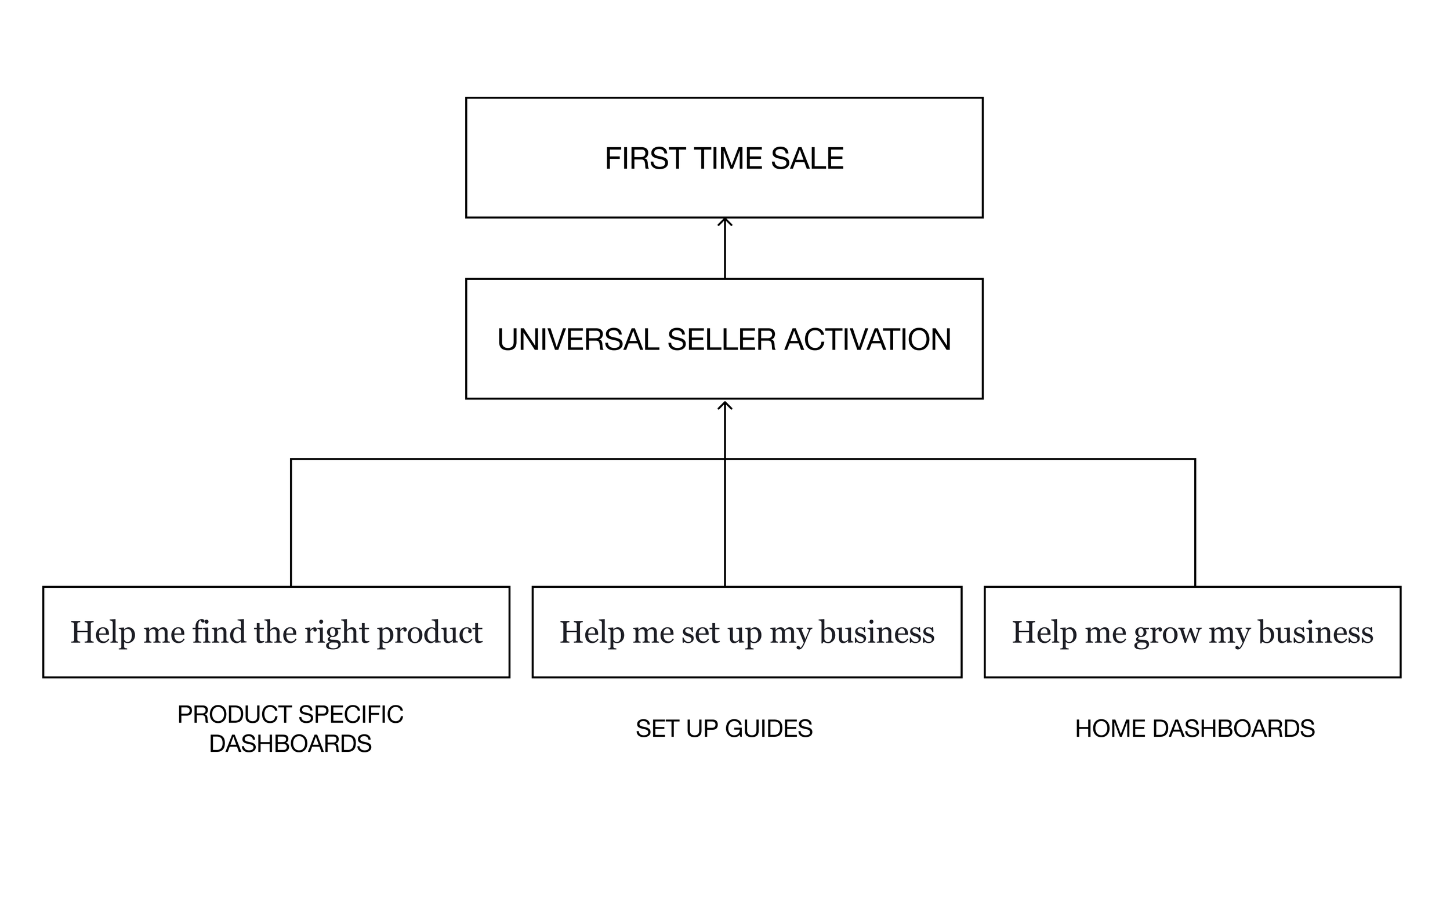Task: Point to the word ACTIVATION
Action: click(868, 340)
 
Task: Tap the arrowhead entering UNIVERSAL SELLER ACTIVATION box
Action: click(724, 406)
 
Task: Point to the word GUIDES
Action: click(768, 729)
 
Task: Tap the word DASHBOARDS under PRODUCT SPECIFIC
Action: click(290, 744)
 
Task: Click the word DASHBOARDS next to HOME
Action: click(1234, 729)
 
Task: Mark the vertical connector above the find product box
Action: click(291, 523)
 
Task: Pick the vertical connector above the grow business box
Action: click(1195, 523)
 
